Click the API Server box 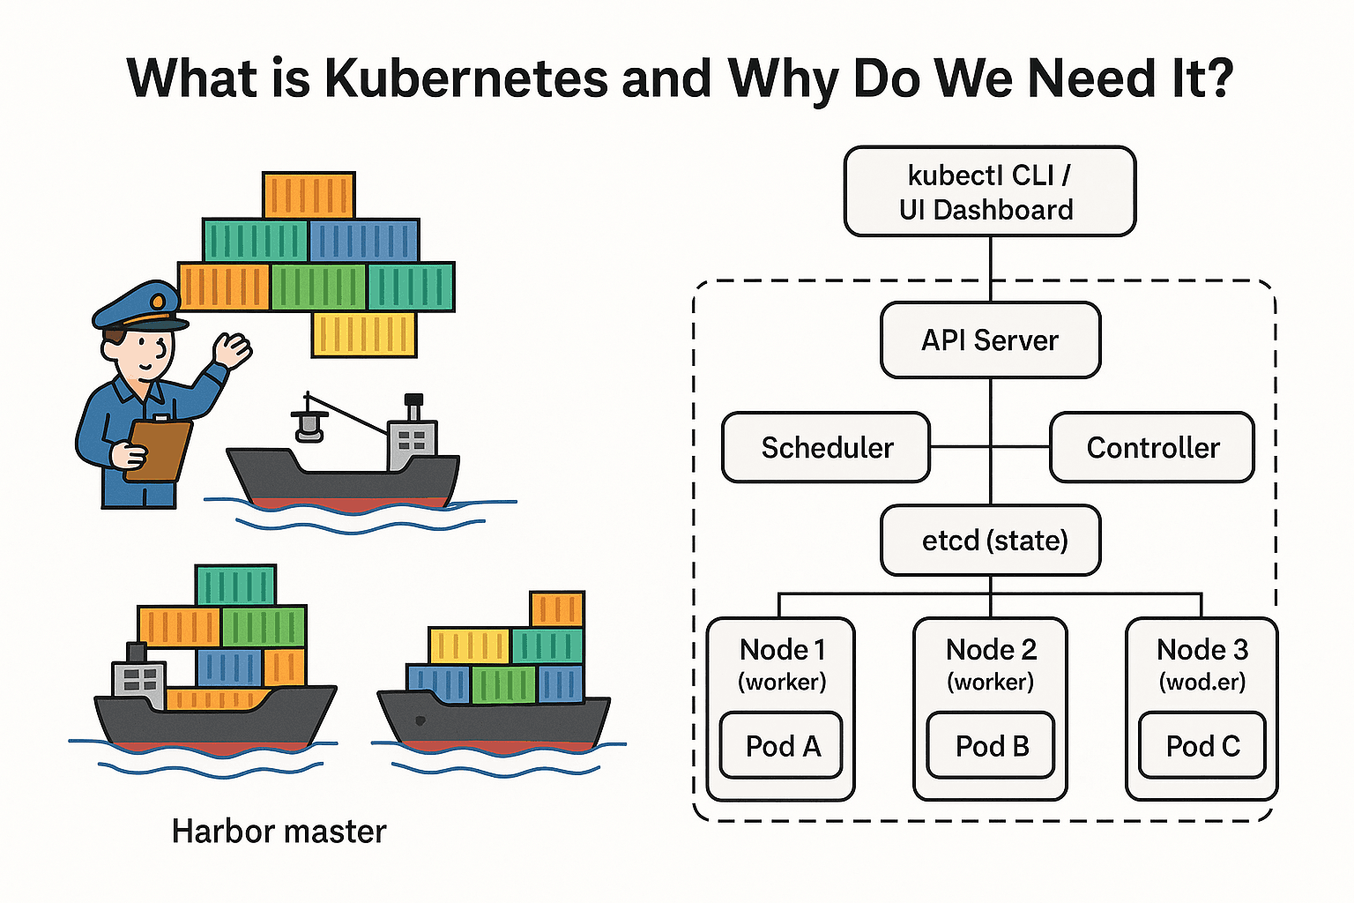(x=990, y=340)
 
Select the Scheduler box (x=826, y=448)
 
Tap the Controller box (x=1151, y=448)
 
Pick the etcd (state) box (x=991, y=540)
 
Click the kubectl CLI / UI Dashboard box (x=989, y=191)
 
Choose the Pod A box (x=782, y=746)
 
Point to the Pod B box (x=991, y=746)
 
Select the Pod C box (x=1202, y=746)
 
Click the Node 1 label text (x=782, y=650)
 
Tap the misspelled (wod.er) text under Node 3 (x=1202, y=682)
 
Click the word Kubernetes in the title (x=466, y=78)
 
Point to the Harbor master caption (x=279, y=831)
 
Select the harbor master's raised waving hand (x=233, y=350)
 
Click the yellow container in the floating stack (x=364, y=334)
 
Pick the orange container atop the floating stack (x=309, y=195)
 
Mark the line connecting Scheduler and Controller (x=990, y=448)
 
